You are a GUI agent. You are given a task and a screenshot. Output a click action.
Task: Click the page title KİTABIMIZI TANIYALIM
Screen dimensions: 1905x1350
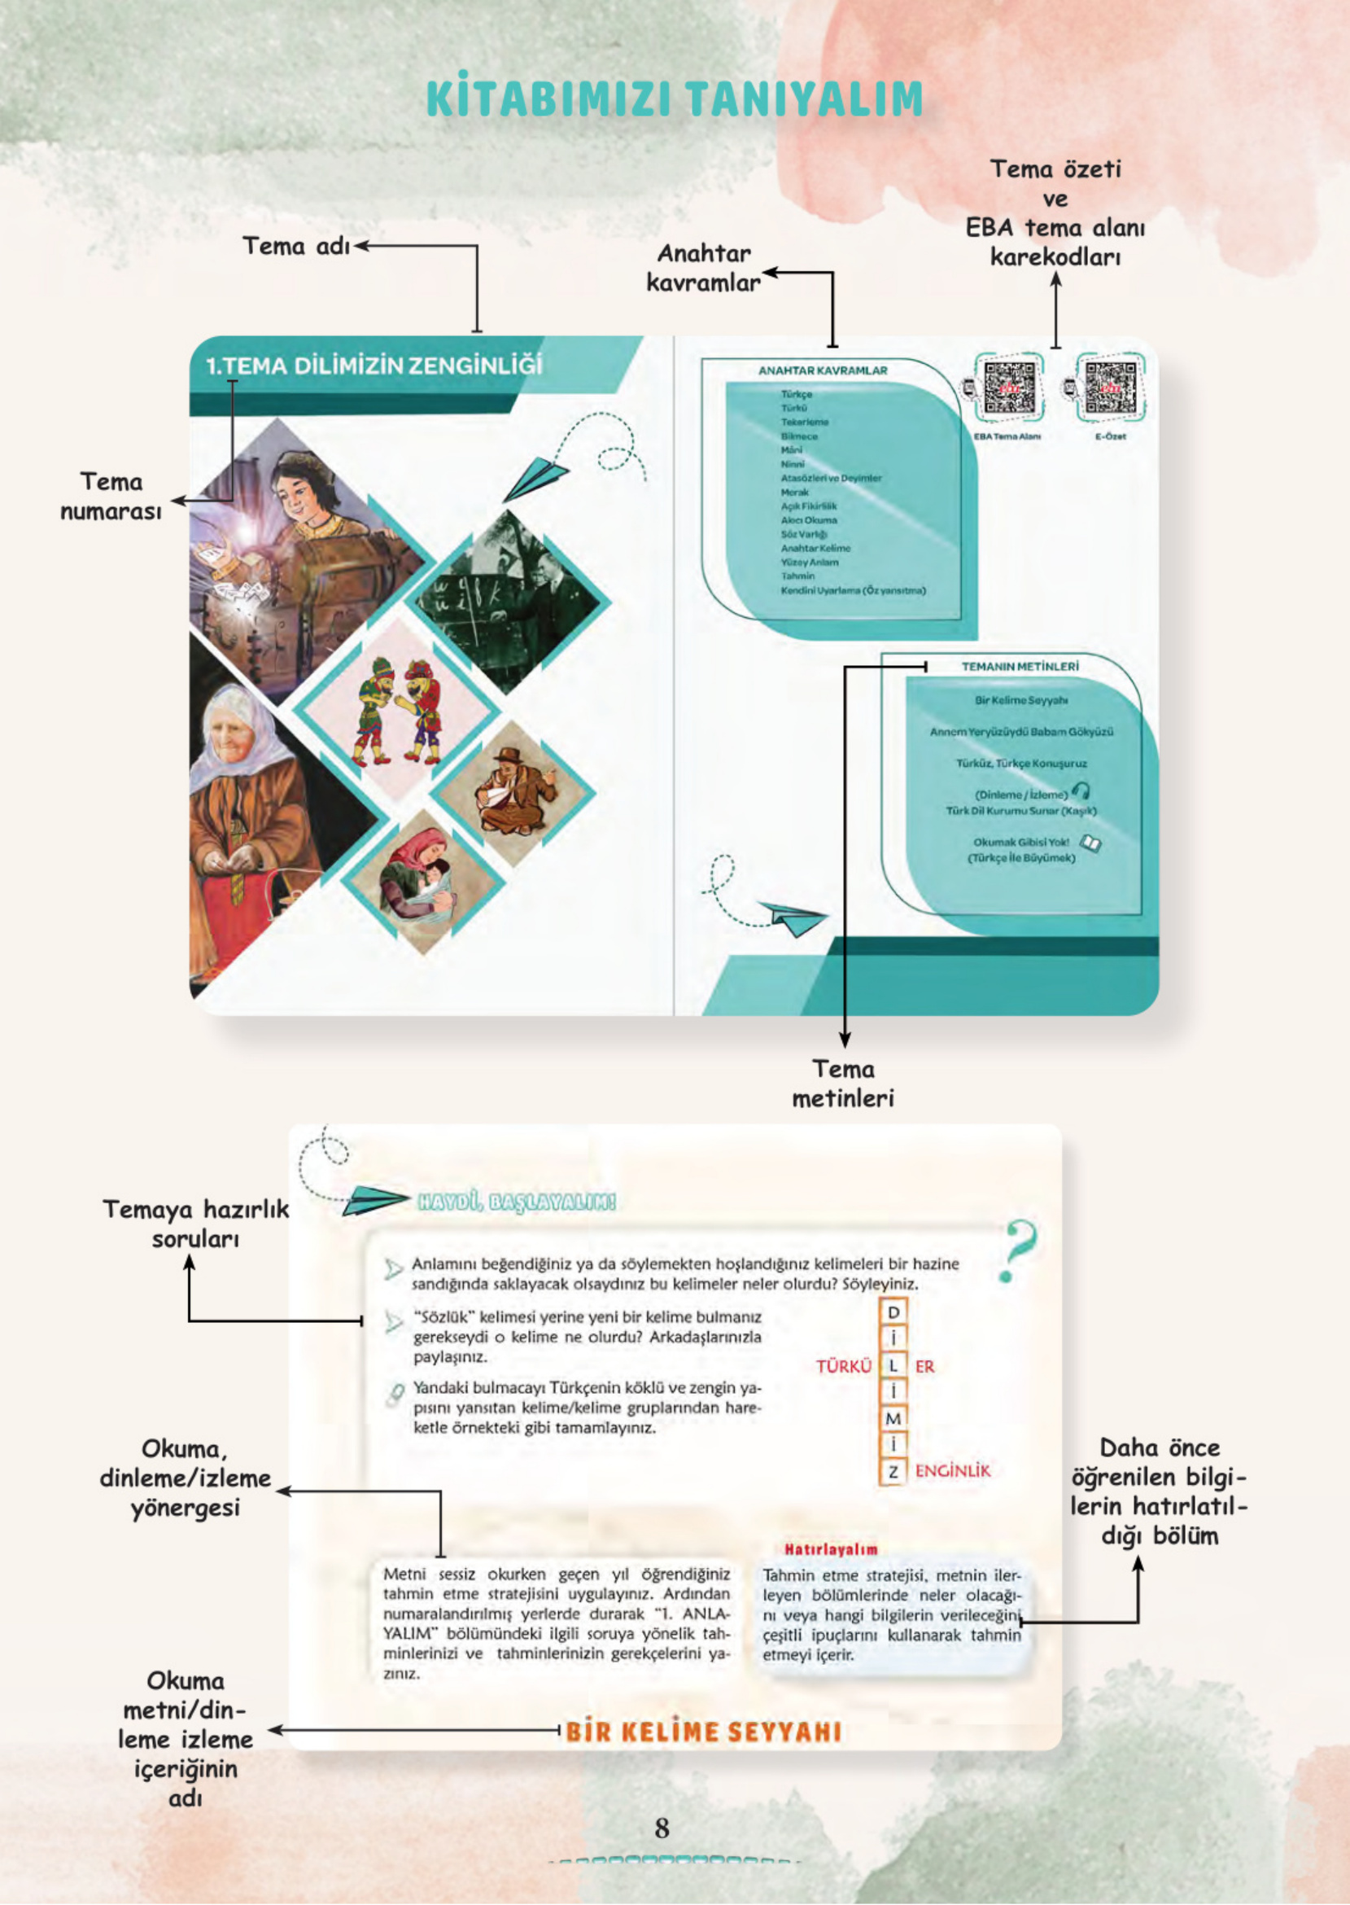pos(674,99)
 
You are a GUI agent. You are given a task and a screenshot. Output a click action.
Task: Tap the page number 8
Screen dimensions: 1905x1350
pos(662,1827)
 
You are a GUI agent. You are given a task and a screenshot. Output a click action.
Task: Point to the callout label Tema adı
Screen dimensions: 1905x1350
pos(296,246)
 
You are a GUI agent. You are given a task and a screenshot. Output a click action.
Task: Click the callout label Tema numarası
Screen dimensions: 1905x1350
pos(111,497)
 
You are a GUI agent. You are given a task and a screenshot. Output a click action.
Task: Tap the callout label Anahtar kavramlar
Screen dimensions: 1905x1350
pos(703,268)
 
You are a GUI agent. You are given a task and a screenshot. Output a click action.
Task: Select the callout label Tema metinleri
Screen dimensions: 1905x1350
pos(843,1084)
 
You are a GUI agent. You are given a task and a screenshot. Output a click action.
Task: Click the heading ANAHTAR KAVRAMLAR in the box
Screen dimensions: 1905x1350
pos(822,371)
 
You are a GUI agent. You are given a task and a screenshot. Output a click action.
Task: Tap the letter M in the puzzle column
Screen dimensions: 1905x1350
pos(893,1418)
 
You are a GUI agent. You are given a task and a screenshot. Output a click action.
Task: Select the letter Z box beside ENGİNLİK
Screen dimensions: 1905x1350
pos(893,1472)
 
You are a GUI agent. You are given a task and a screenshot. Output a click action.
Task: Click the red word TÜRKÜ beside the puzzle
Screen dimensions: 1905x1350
pos(843,1367)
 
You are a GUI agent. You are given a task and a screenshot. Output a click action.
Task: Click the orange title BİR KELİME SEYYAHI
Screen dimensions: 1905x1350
pos(703,1733)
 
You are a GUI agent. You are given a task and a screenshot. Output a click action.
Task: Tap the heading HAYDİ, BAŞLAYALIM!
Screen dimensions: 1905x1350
pos(516,1202)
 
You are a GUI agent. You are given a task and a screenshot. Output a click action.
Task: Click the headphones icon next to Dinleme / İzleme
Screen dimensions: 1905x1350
pos(1081,790)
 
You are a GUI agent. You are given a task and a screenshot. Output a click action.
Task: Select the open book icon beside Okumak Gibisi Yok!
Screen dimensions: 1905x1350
pos(1090,844)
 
